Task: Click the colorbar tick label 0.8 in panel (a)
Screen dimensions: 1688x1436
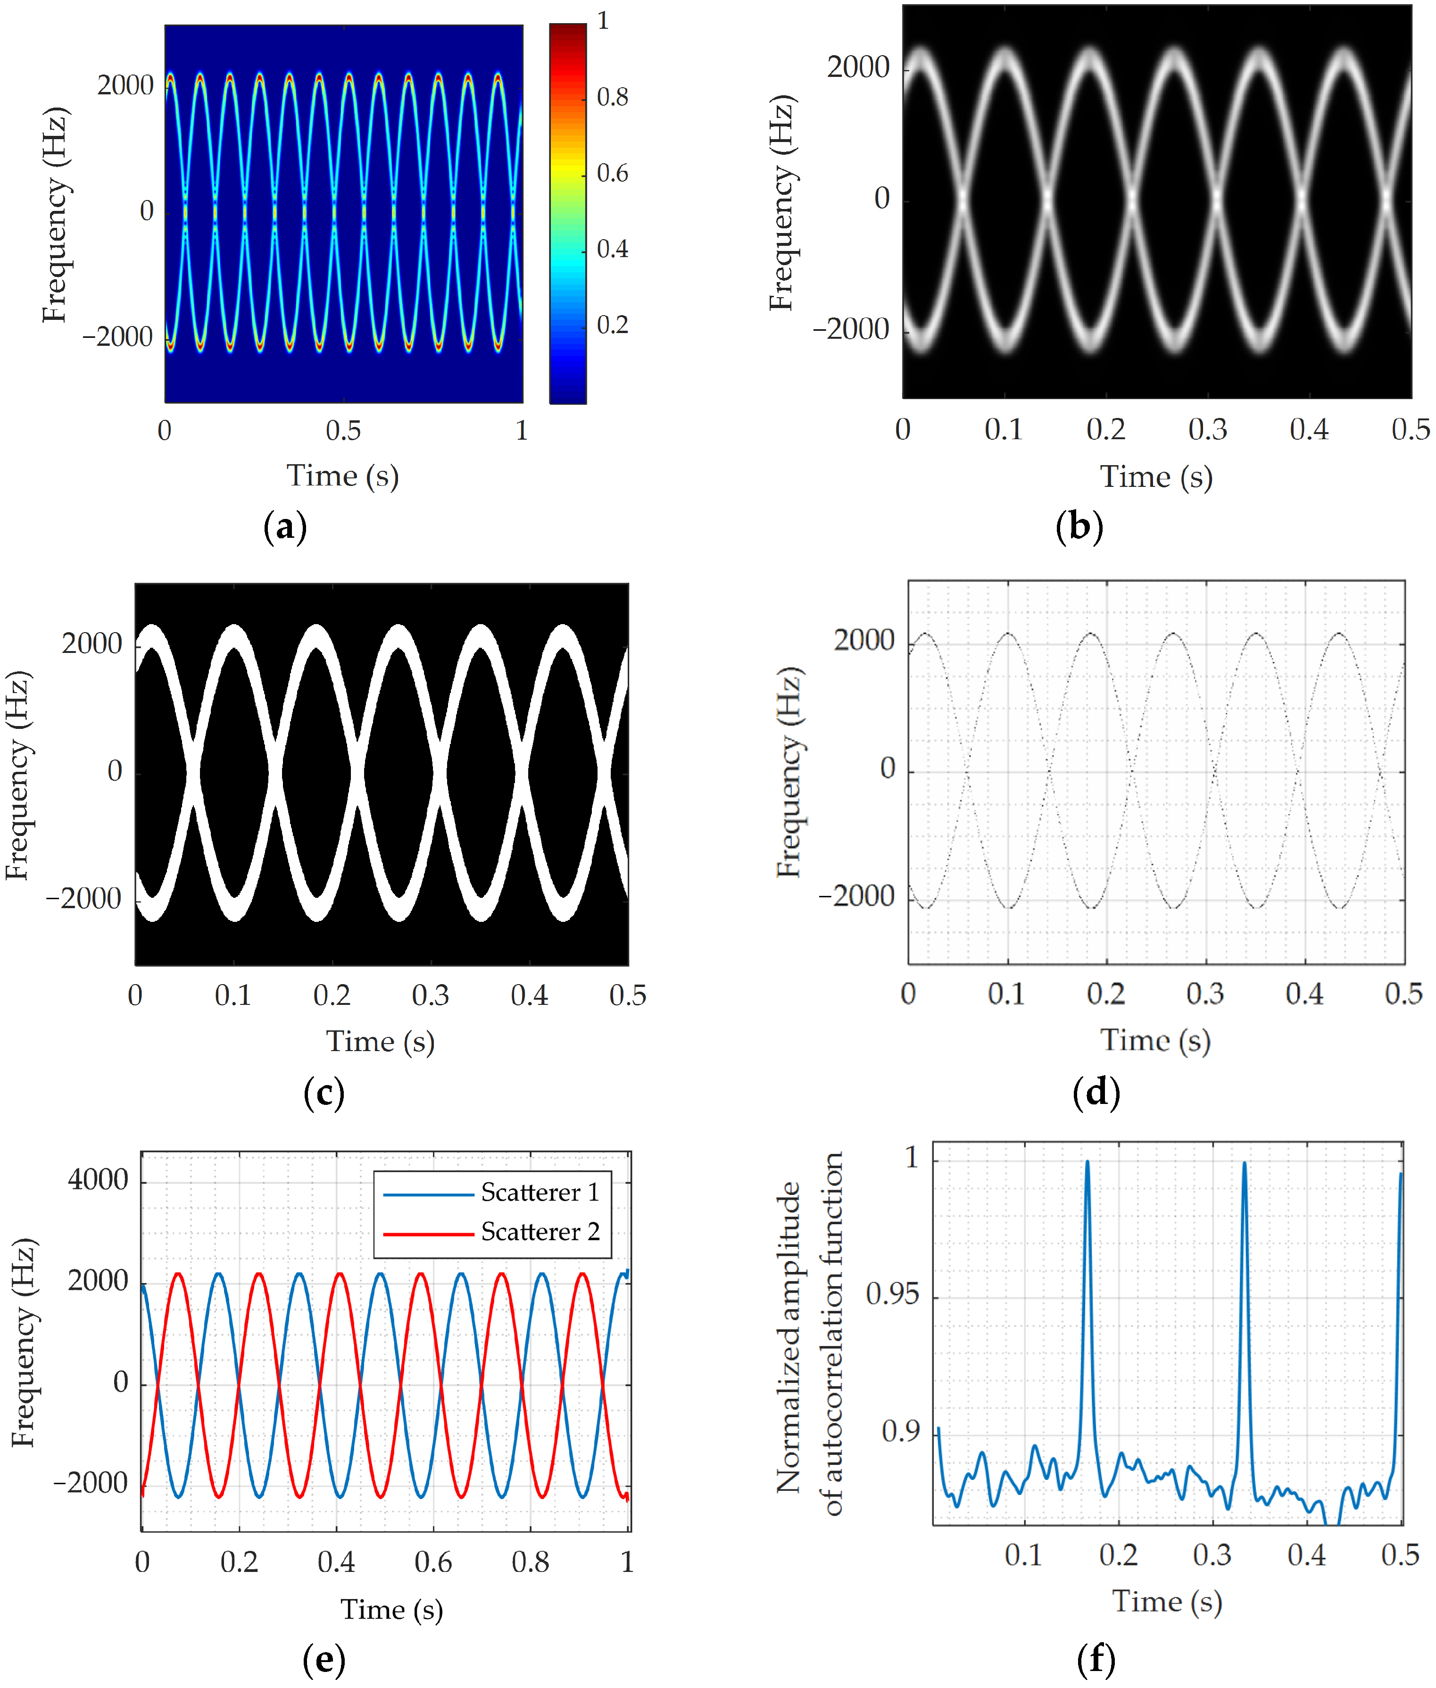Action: [612, 98]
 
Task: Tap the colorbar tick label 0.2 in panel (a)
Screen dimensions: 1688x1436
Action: [612, 326]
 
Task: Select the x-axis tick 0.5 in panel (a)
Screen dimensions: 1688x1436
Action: [343, 431]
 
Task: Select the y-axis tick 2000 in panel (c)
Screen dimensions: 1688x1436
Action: [91, 644]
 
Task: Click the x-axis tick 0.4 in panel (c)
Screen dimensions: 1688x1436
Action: [529, 995]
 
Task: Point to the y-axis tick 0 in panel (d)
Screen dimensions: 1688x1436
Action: [888, 769]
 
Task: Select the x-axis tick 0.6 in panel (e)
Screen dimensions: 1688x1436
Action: [433, 1562]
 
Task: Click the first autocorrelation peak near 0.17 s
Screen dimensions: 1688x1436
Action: [1087, 1163]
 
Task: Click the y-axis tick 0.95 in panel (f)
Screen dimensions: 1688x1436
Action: [892, 1294]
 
